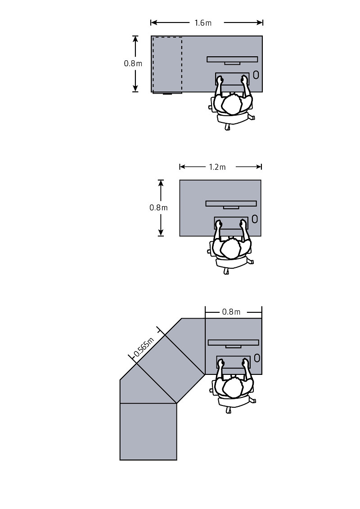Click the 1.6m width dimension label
203,23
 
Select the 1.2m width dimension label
217,167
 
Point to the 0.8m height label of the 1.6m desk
133,63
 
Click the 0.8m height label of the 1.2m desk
158,207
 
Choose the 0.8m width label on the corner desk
231,312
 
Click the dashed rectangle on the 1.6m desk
167,64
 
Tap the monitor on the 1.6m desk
232,59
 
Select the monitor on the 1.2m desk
231,204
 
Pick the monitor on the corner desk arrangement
234,343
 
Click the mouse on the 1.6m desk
256,75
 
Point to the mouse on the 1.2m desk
255,219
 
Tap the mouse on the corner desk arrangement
256,358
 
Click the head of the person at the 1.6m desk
232,105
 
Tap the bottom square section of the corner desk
148,431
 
